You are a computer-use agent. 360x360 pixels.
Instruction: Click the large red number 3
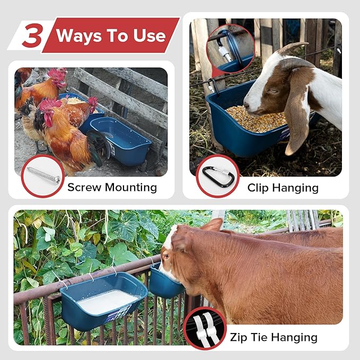point(32,36)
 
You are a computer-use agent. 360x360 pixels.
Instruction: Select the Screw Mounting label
point(112,187)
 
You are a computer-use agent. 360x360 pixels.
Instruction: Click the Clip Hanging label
point(283,188)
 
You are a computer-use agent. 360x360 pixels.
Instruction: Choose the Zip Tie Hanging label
point(274,337)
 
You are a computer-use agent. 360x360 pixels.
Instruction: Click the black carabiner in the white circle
point(217,175)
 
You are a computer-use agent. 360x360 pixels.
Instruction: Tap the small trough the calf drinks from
point(165,285)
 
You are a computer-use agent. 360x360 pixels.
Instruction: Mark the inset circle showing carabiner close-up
point(231,47)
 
